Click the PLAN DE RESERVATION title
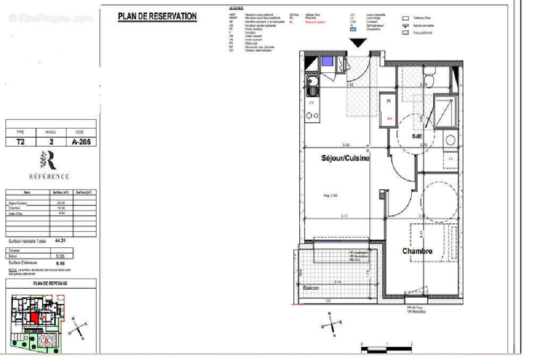pos(157,16)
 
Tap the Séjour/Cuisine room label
pos(345,158)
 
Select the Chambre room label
pos(417,251)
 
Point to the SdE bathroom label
pos(417,136)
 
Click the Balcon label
pos(311,288)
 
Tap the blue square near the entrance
pos(327,61)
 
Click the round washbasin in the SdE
pos(450,140)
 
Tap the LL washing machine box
pos(451,159)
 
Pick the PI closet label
pos(389,101)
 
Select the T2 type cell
pos(20,142)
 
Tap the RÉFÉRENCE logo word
pos(49,176)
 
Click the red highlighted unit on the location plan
pos(35,318)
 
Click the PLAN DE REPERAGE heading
pos(51,283)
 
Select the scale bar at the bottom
pos(386,349)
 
